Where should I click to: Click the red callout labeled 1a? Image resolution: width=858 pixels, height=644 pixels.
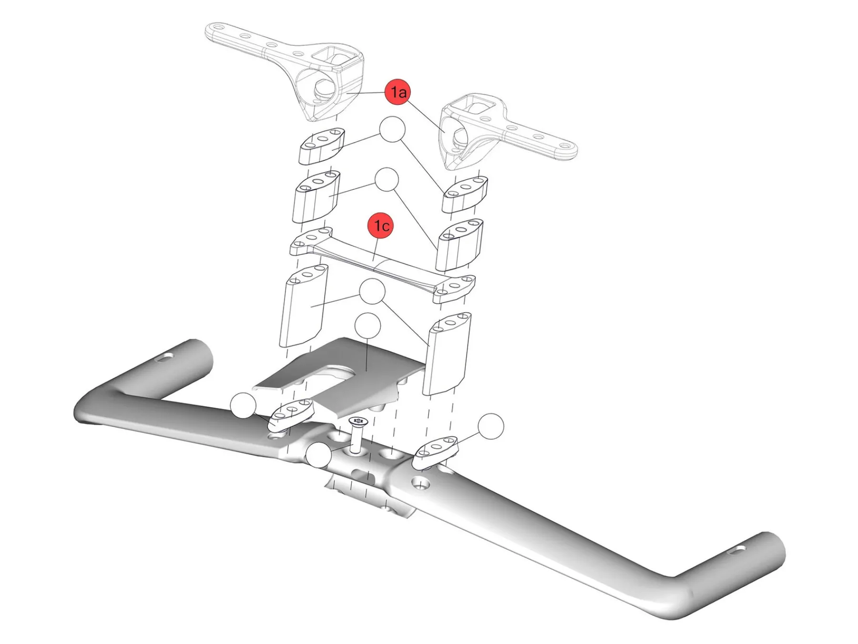coord(398,92)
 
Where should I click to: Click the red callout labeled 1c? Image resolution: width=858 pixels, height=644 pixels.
coord(381,225)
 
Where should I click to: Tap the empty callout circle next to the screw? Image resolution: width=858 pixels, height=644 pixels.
coord(318,455)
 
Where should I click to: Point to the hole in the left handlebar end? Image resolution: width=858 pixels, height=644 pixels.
coord(164,357)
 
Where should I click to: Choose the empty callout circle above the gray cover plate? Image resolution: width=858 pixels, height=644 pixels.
coord(368,326)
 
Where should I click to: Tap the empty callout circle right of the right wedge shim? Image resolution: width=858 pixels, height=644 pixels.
coord(490,426)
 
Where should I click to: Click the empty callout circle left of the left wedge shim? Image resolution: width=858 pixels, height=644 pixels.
coord(243,406)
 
